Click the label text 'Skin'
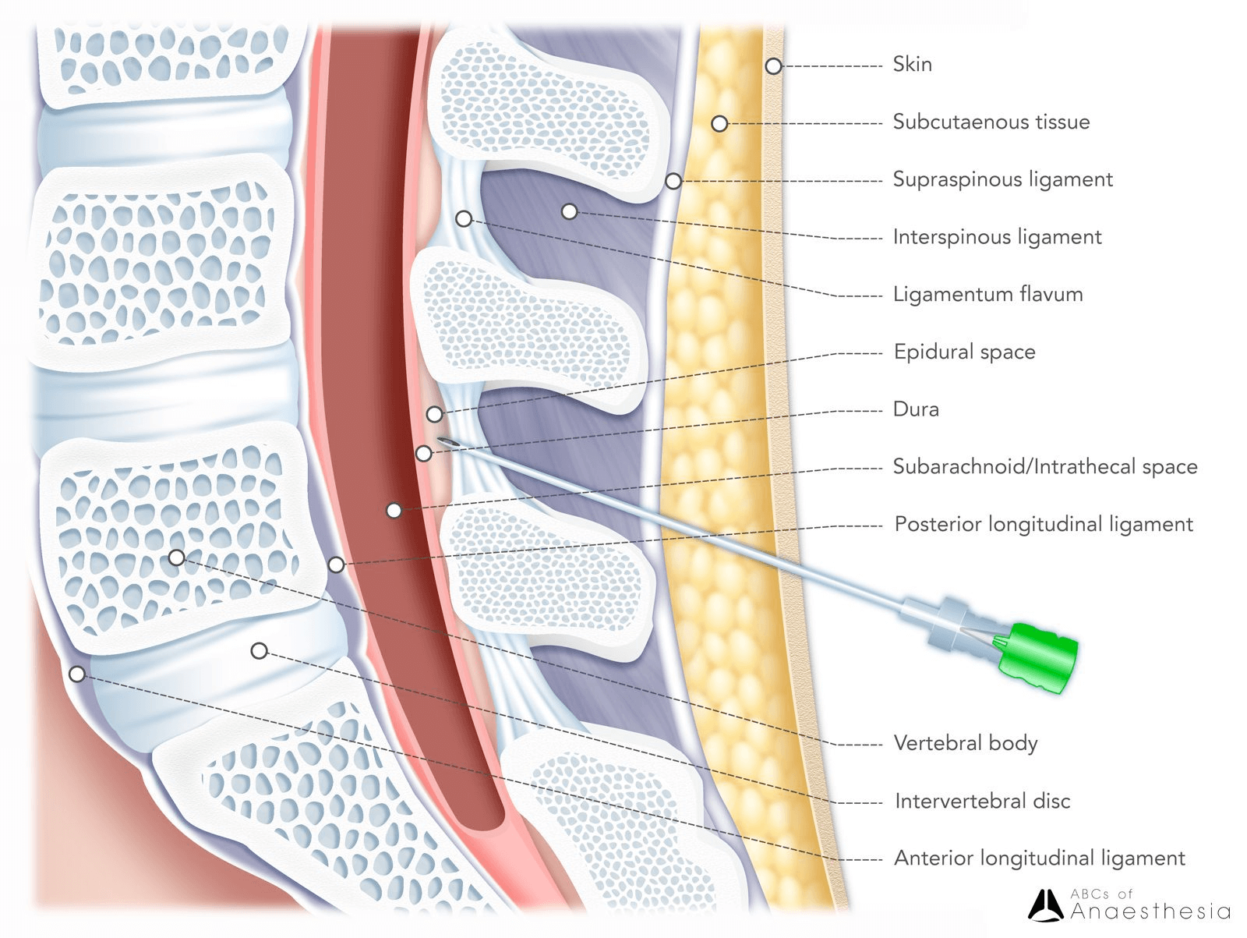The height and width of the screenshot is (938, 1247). tap(912, 64)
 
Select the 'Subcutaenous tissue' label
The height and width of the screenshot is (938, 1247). tap(991, 122)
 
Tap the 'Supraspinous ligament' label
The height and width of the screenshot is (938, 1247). tap(1002, 179)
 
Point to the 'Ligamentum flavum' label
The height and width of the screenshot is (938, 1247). tap(987, 295)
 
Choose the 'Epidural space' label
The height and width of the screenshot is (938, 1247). tap(964, 352)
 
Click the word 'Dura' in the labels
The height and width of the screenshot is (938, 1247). tap(916, 409)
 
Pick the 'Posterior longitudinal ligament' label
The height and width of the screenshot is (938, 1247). tap(1043, 524)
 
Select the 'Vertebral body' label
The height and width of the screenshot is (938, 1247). tap(965, 743)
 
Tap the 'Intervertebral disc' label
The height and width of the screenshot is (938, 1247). tap(982, 801)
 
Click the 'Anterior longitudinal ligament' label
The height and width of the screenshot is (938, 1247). tap(1039, 858)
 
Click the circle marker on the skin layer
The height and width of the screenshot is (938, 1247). tap(772, 66)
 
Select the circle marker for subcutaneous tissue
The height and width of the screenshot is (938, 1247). tap(719, 123)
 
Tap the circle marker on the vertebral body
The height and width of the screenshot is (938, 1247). tap(177, 557)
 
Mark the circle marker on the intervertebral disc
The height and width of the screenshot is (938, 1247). tap(260, 650)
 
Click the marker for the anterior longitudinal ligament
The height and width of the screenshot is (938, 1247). tap(77, 674)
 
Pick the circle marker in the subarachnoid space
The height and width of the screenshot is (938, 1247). tap(394, 511)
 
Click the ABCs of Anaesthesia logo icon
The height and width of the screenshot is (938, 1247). tap(1045, 906)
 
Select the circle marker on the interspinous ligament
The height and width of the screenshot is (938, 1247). tap(570, 211)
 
